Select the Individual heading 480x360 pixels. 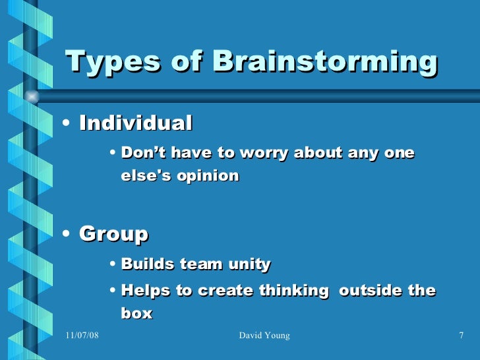(136, 123)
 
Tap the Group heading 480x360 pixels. (113, 234)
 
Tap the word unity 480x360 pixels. (249, 265)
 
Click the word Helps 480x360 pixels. (146, 291)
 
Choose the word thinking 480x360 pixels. (297, 291)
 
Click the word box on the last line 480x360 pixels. (136, 313)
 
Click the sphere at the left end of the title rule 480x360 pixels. (31, 96)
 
